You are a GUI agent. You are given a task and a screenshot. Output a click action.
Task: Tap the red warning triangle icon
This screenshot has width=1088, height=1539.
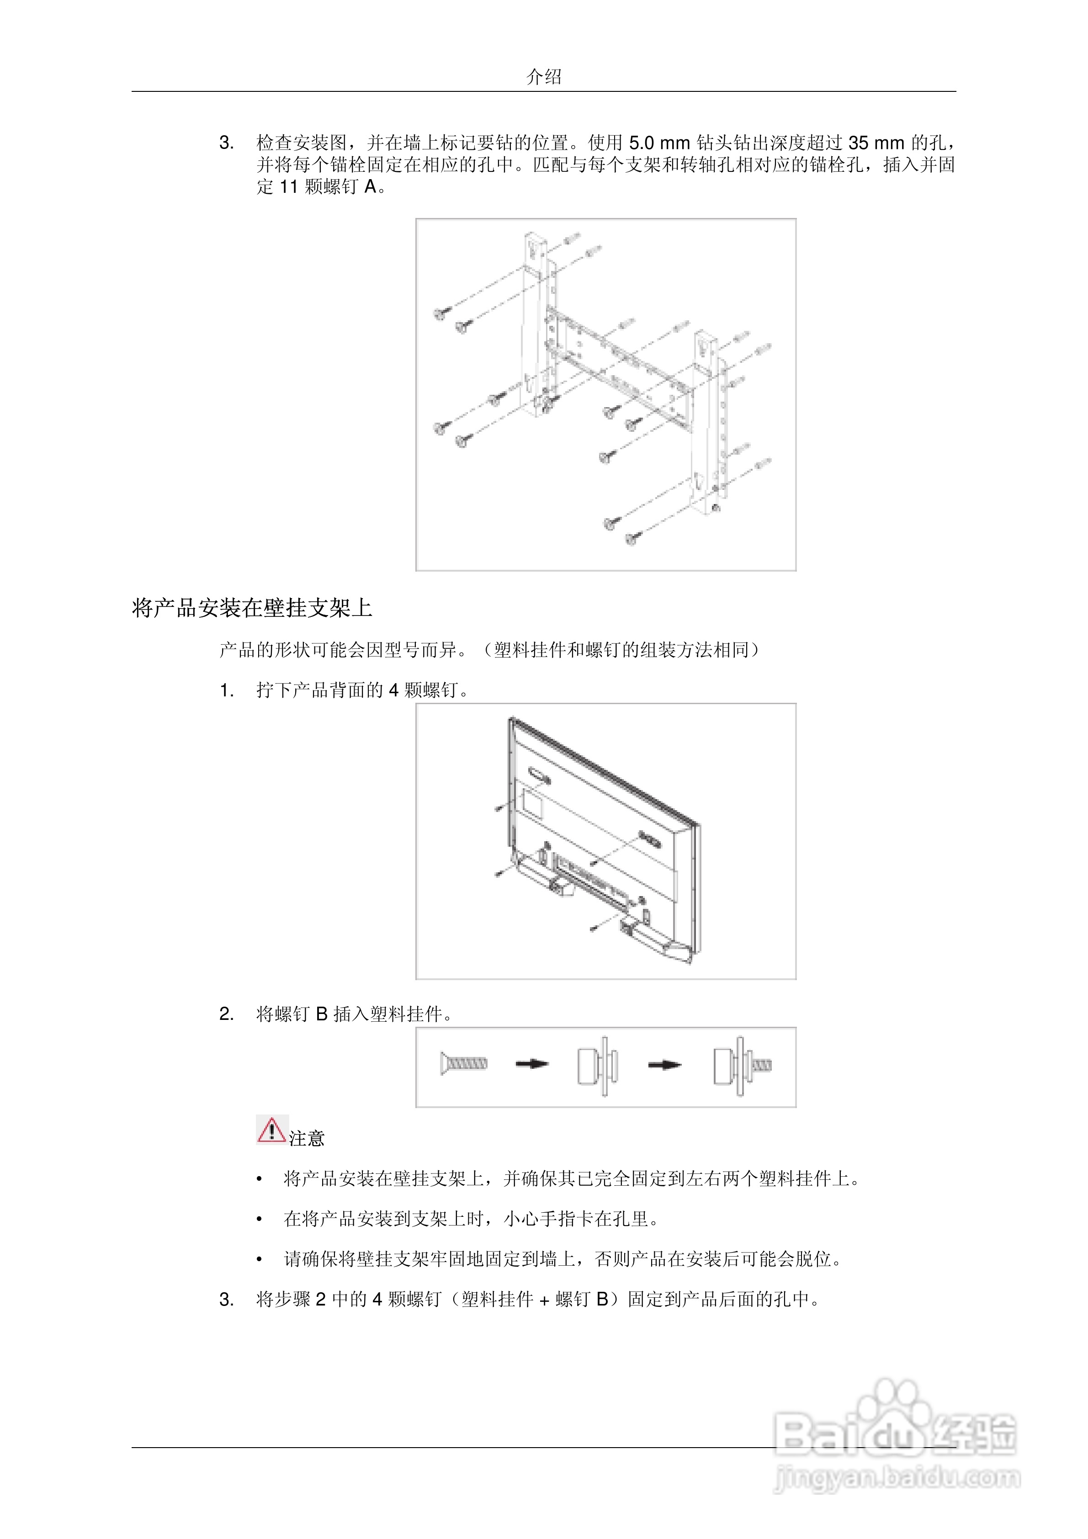coord(271,1130)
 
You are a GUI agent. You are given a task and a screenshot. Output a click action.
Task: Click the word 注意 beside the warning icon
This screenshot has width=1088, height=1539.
coord(307,1138)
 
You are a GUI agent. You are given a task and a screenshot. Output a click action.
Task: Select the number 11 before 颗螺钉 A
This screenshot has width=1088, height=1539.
coord(288,187)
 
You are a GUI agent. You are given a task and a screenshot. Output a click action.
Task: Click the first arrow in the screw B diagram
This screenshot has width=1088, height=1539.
coord(531,1064)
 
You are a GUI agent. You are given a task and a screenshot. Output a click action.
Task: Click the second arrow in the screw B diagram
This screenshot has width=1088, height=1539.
coord(664,1064)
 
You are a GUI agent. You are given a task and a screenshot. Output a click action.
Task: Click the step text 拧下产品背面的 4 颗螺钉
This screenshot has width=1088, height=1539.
coord(362,690)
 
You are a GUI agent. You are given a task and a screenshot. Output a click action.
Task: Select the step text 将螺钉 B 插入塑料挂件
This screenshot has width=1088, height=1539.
coord(354,1014)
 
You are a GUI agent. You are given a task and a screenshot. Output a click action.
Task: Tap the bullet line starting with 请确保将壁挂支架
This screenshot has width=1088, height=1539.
coord(563,1259)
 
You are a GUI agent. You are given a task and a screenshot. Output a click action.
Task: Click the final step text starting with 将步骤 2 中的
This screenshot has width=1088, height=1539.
coord(538,1299)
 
